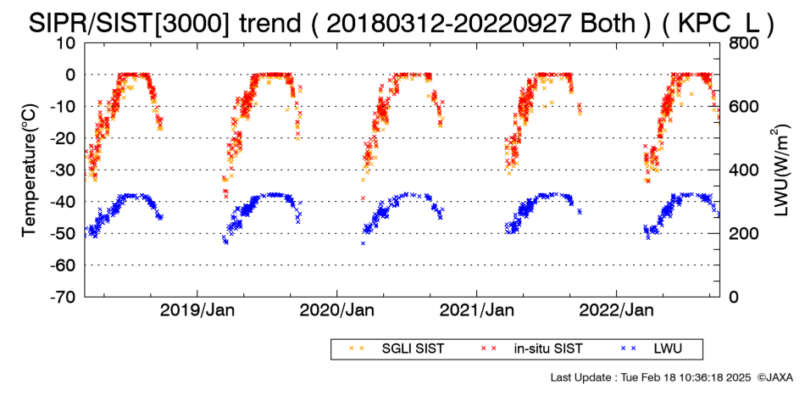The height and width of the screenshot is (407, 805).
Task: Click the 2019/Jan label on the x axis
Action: click(197, 310)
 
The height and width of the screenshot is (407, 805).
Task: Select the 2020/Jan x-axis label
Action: click(336, 310)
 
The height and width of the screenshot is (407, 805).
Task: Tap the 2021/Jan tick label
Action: click(477, 310)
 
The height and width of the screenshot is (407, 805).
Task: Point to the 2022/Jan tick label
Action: click(617, 310)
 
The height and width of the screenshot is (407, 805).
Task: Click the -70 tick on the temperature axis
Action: click(64, 297)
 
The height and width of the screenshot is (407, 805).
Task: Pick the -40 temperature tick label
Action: click(64, 202)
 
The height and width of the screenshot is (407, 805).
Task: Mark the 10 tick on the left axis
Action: click(67, 42)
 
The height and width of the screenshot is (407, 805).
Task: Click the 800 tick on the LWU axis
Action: click(744, 42)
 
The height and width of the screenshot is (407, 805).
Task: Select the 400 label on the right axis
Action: click(744, 170)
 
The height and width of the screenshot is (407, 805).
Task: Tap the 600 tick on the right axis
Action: click(744, 106)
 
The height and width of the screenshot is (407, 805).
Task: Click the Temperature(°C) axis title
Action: click(30, 170)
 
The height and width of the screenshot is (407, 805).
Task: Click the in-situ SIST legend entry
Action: click(531, 349)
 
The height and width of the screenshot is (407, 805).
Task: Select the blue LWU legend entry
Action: click(652, 349)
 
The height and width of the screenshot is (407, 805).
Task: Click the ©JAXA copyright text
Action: click(774, 377)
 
